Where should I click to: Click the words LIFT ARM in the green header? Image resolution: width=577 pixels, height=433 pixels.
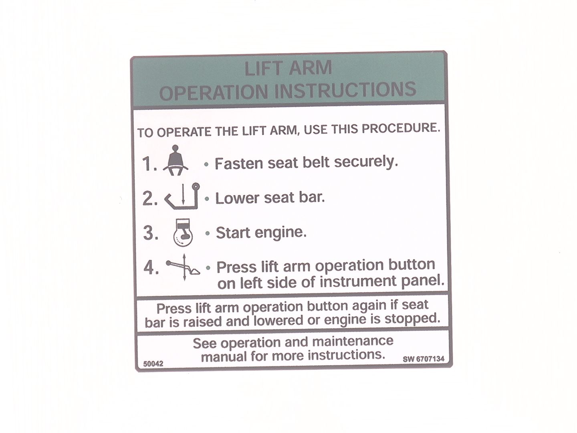288,68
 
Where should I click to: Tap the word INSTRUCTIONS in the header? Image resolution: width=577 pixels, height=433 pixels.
345,90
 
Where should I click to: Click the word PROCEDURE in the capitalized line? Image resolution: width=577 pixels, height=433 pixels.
401,128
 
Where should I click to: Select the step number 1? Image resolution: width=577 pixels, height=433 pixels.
149,164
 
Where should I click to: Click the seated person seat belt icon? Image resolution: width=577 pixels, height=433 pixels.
176,160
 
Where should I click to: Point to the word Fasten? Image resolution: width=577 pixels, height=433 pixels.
239,163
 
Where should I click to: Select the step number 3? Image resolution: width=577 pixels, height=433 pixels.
151,233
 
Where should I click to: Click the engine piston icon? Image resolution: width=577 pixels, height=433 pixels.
183,233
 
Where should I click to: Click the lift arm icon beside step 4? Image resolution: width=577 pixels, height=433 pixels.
183,267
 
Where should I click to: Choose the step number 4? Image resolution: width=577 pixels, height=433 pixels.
151,268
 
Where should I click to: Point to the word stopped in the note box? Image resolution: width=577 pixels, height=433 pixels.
412,319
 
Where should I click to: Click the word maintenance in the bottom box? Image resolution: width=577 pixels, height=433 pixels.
353,341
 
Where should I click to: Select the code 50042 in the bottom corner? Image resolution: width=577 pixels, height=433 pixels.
153,364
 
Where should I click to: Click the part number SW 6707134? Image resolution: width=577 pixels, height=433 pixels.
424,359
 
